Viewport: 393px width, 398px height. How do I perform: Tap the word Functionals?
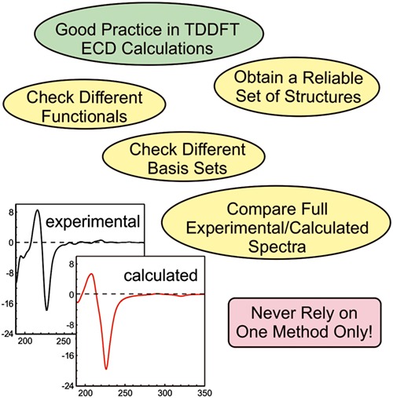pos(84,116)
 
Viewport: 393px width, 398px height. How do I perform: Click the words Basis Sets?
pos(187,168)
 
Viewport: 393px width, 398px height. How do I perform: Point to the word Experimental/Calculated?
pos(277,228)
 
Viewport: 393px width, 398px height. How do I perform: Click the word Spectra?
pos(277,246)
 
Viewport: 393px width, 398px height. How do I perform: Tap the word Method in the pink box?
pos(302,331)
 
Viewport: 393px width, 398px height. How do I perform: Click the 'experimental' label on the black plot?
pos(93,222)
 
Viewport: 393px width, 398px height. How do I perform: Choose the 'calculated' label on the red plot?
pos(160,276)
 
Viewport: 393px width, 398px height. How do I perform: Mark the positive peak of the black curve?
pos(38,210)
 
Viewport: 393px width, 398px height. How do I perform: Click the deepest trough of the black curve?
pos(47,310)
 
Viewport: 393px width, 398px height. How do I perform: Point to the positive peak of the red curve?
pos(91,274)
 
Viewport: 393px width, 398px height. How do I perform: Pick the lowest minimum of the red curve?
pos(106,369)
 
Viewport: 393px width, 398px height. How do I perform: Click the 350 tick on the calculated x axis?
pos(204,393)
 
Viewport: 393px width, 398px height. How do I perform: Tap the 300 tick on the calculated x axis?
pos(165,393)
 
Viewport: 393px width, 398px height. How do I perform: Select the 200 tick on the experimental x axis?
pos(25,341)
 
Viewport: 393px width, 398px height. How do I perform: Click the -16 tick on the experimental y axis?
pos(7,304)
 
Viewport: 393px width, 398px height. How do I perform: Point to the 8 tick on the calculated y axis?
pos(72,264)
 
